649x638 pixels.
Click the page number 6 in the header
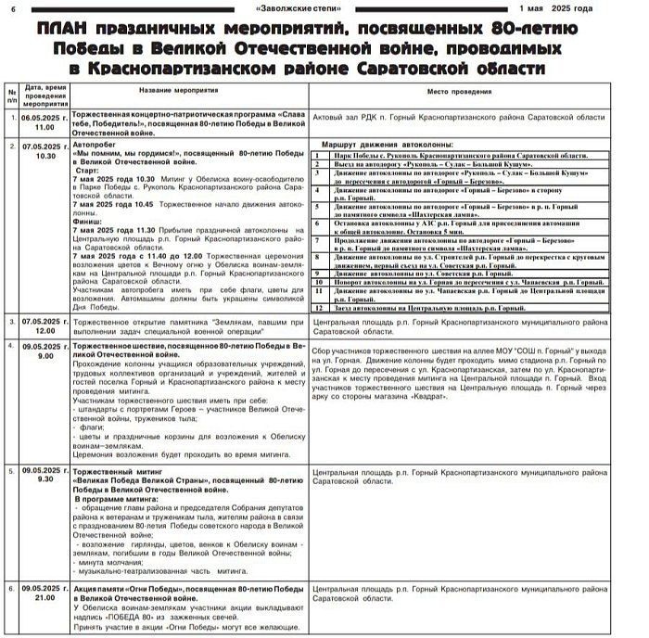[12, 7]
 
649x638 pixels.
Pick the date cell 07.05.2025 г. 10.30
[45, 150]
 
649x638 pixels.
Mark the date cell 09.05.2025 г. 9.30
[45, 474]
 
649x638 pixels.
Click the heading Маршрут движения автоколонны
[387, 146]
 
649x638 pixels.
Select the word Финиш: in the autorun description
[89, 222]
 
